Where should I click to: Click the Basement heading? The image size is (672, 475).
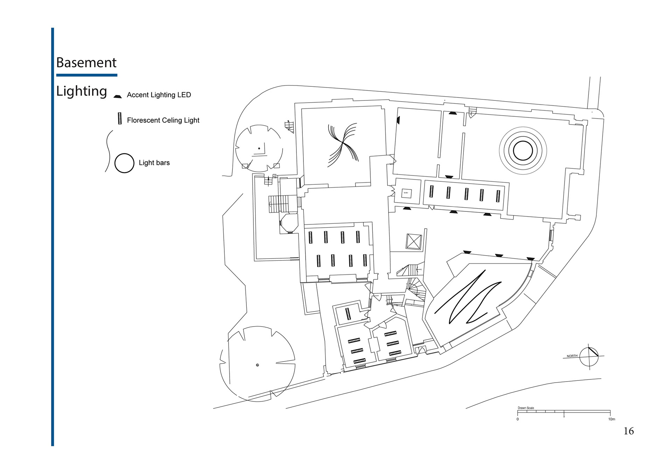tap(86, 63)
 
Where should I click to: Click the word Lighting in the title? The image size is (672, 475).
tap(82, 91)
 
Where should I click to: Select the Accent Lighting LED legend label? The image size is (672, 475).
tap(159, 95)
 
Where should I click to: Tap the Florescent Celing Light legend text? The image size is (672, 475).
tap(163, 120)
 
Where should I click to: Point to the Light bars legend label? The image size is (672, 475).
tap(154, 163)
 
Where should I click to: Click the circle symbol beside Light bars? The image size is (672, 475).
tap(124, 163)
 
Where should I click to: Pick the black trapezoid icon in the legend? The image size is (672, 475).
tap(118, 96)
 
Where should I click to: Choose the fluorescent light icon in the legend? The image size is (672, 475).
tap(120, 119)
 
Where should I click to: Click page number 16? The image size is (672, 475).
tap(629, 431)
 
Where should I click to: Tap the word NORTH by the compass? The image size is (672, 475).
tap(572, 356)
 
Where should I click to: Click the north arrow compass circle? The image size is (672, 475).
tap(589, 356)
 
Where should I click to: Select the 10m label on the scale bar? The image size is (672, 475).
tap(611, 419)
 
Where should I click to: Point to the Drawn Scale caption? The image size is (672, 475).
tap(526, 408)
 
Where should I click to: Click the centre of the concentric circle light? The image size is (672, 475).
tap(523, 151)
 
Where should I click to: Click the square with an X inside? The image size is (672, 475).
tap(413, 242)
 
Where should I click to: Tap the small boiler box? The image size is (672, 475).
tap(406, 193)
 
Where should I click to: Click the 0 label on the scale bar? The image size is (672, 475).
tap(518, 419)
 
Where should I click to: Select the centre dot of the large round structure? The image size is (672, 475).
tap(258, 365)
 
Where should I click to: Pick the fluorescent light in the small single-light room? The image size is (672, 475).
tap(348, 314)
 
